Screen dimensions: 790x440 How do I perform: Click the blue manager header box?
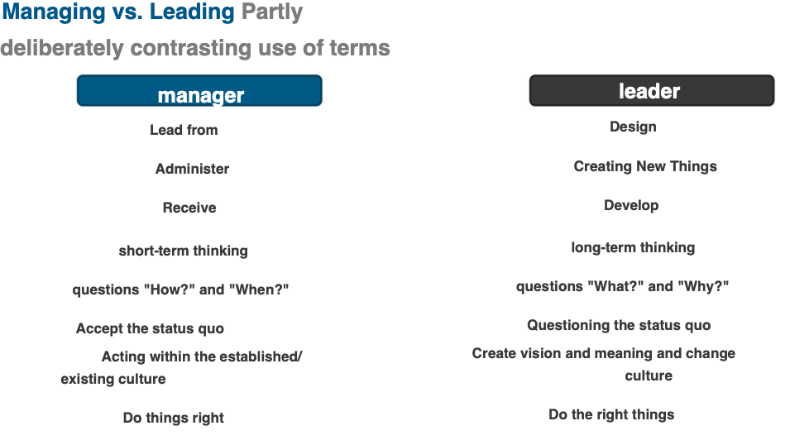tap(199, 91)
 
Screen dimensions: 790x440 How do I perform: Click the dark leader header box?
tap(652, 91)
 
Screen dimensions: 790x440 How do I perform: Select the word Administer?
tap(192, 169)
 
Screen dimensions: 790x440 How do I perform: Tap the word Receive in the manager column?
tap(189, 208)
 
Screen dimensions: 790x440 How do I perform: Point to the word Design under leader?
tap(633, 127)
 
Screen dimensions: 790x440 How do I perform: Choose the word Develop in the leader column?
tap(631, 206)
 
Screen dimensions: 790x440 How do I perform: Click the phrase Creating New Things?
tap(645, 166)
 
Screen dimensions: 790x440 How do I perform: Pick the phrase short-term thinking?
tap(183, 251)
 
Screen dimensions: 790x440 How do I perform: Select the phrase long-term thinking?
tap(633, 247)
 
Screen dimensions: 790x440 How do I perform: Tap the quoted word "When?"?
tap(258, 289)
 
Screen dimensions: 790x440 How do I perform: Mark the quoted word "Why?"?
tap(703, 286)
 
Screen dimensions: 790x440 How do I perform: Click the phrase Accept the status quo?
tap(150, 328)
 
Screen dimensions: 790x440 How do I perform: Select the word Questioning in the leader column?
tap(567, 326)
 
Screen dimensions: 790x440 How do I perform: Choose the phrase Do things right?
tap(174, 418)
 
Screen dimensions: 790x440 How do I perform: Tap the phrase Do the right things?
tap(611, 415)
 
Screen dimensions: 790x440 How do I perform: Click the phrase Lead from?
tap(184, 130)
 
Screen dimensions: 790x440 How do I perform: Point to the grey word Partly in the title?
tap(271, 12)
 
